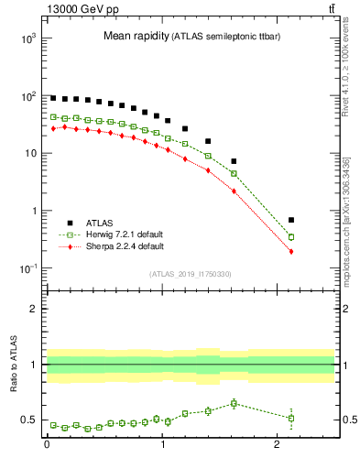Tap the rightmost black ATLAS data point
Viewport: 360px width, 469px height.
[291, 220]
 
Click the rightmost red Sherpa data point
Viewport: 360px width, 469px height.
[291, 251]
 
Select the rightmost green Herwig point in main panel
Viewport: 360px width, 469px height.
[291, 236]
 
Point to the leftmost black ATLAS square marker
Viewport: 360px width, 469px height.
[53, 98]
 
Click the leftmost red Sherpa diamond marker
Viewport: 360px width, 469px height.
[53, 128]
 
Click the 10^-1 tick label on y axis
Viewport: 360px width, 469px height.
[26, 268]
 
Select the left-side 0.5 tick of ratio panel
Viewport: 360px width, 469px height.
[28, 420]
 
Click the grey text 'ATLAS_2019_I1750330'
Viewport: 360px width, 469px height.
[190, 274]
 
